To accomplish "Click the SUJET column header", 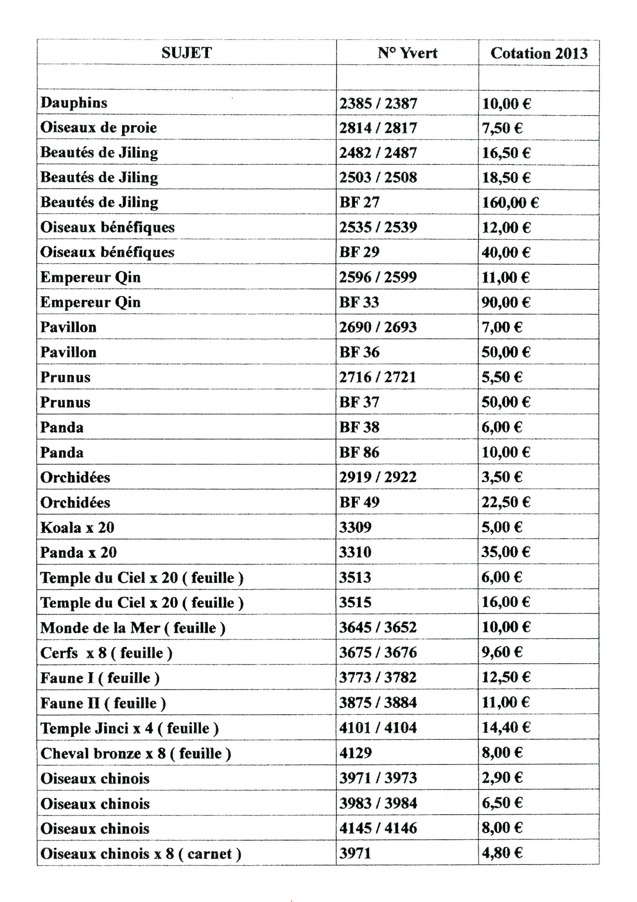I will click(186, 53).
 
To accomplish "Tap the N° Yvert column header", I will click(407, 53).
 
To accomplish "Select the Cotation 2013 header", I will click(538, 53).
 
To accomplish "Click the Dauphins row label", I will click(74, 103).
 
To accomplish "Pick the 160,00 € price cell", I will click(510, 203).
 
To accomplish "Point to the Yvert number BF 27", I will click(359, 203).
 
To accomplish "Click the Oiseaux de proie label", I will click(99, 128).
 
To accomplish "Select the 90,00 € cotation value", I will click(506, 302).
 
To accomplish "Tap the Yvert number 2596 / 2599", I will click(377, 277).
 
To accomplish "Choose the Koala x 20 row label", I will click(77, 527).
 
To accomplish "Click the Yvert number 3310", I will click(355, 552).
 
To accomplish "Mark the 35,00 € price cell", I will click(506, 552).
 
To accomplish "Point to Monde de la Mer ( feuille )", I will click(133, 627).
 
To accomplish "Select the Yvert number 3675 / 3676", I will click(377, 652).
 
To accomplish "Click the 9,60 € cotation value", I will click(502, 652).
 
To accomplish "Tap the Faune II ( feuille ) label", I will click(103, 703).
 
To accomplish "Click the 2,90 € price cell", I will click(502, 778).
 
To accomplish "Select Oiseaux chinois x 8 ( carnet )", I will click(141, 853).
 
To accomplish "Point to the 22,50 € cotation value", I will click(506, 502).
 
